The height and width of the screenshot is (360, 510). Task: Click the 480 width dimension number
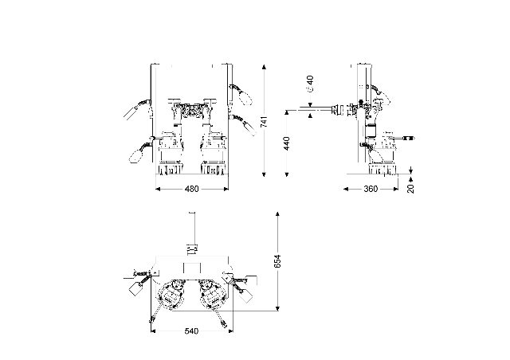[x=191, y=190]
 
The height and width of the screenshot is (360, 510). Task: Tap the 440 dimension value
[x=285, y=144]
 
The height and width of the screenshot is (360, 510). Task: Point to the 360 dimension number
[x=371, y=190]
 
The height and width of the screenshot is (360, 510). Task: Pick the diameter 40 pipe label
[x=309, y=83]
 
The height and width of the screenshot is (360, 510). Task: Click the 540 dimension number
[x=191, y=331]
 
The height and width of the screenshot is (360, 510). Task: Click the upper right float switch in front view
[x=245, y=98]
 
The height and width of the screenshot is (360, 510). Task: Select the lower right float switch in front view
[x=253, y=126]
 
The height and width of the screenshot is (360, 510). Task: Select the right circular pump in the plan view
[x=213, y=295]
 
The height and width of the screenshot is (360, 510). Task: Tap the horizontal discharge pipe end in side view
[x=313, y=110]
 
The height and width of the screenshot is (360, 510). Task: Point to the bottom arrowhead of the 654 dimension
[x=277, y=308]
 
